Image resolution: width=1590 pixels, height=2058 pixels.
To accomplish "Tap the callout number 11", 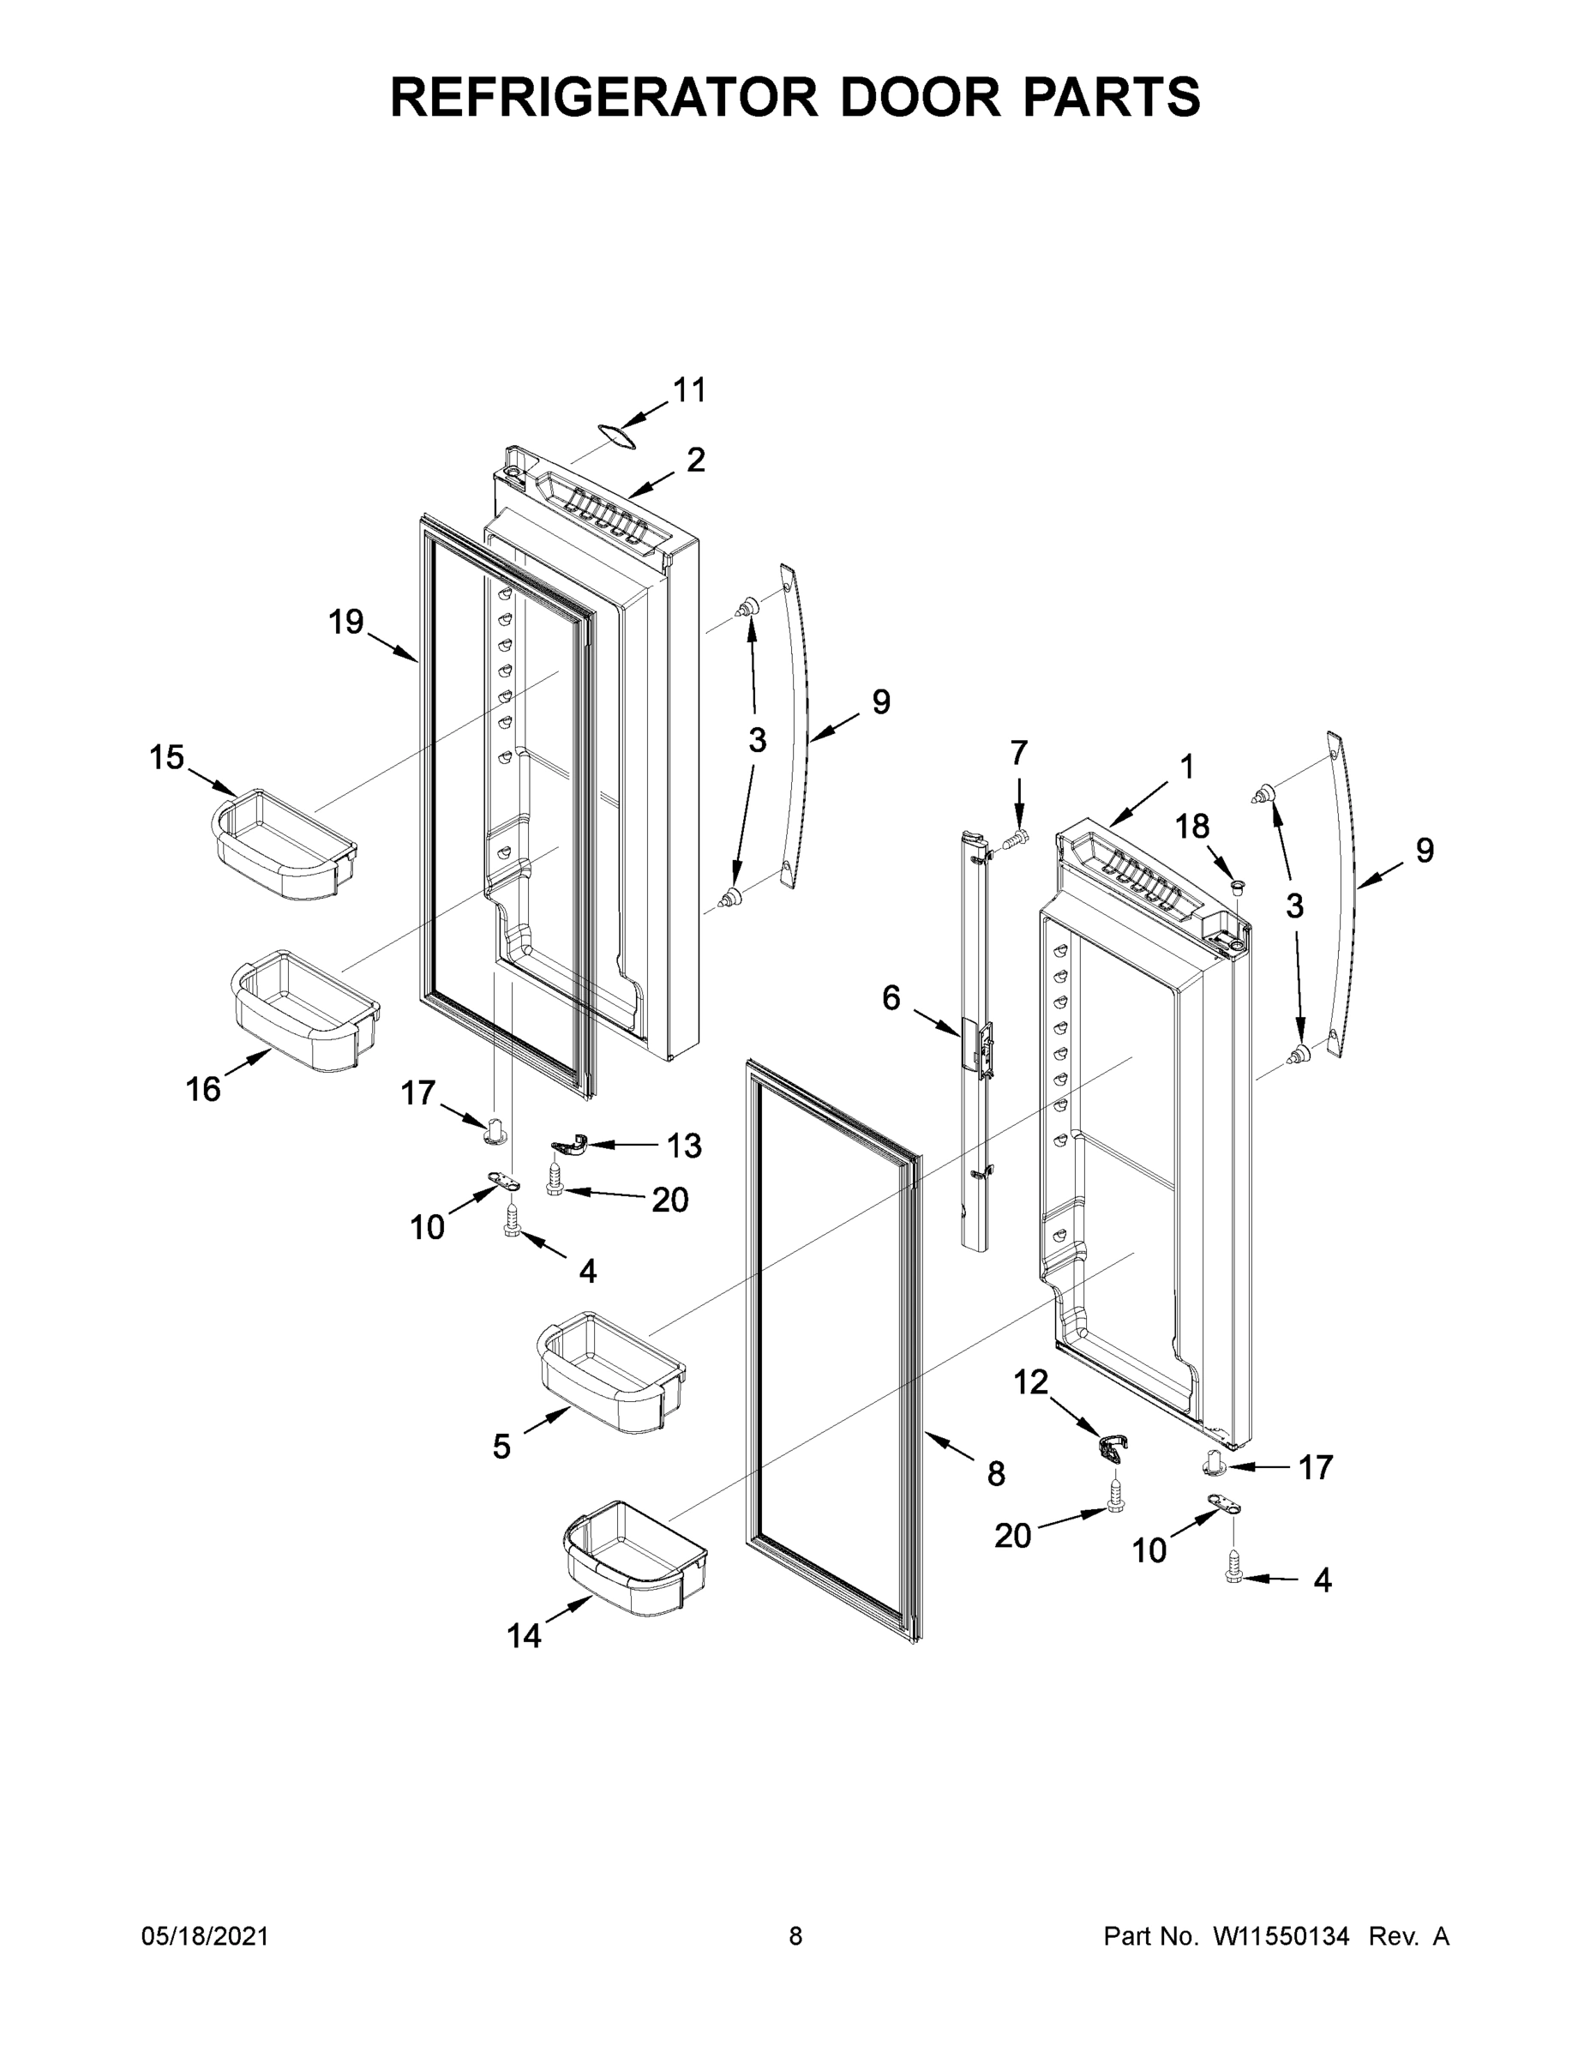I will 689,390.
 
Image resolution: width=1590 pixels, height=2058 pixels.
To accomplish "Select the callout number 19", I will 345,622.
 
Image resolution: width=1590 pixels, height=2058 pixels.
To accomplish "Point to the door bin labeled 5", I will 611,1372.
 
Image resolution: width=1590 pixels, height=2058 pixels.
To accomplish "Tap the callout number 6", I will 891,998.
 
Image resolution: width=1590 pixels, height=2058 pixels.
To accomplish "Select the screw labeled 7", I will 1016,837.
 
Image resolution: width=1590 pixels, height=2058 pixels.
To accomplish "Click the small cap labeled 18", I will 1238,884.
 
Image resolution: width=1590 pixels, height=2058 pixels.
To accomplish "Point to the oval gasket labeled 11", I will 615,433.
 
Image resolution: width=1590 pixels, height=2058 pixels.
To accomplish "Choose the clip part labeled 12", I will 1113,1446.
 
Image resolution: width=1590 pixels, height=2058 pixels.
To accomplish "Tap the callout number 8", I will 997,1474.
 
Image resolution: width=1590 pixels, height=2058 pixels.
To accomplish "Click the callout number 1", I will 1187,767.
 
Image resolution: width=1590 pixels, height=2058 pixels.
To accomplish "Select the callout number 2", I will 695,460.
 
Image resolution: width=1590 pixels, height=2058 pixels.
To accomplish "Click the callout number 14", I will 525,1637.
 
